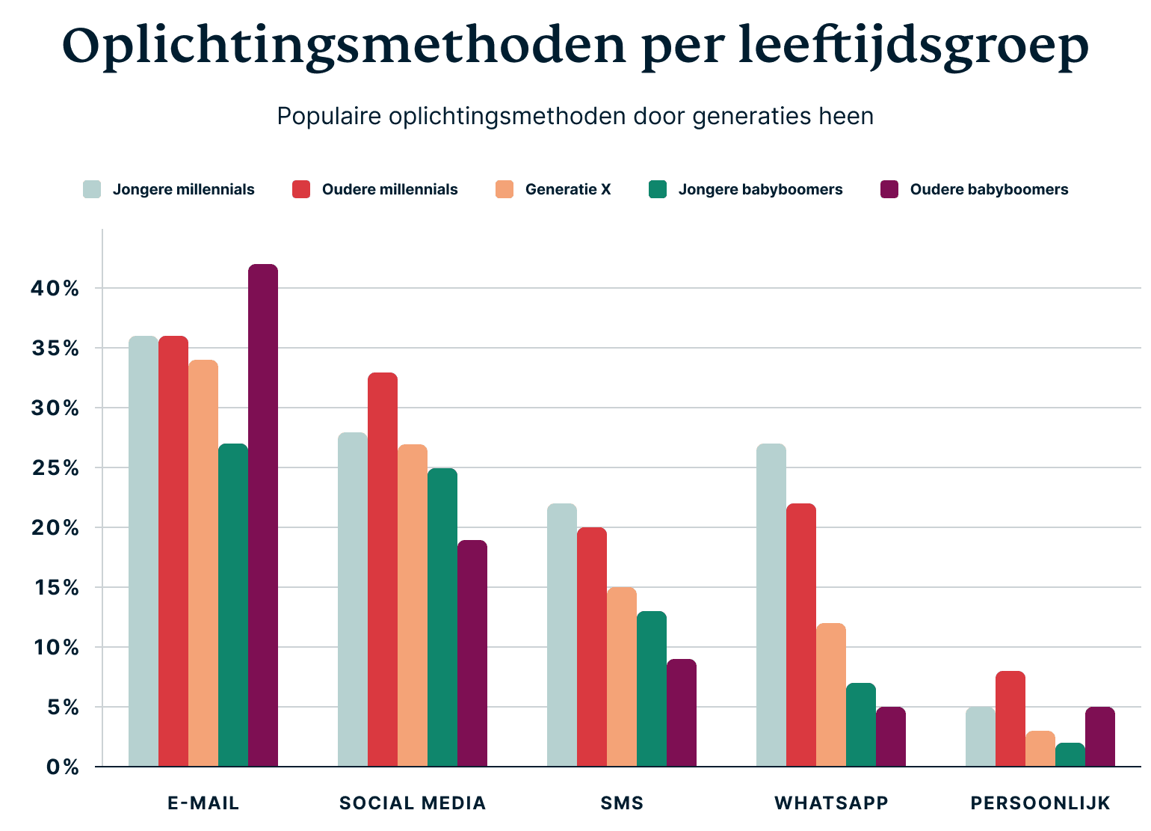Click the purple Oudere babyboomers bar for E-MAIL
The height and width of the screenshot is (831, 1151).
pyautogui.click(x=263, y=516)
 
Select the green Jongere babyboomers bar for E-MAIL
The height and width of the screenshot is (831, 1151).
pyautogui.click(x=233, y=606)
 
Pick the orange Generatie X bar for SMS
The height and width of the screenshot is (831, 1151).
pyautogui.click(x=622, y=677)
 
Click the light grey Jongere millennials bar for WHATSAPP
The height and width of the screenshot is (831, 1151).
pyautogui.click(x=771, y=606)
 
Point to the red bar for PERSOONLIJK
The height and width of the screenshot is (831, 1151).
pyautogui.click(x=1010, y=720)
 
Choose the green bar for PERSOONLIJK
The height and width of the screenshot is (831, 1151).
pyautogui.click(x=1070, y=755)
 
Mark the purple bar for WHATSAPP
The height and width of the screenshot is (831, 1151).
pyautogui.click(x=891, y=738)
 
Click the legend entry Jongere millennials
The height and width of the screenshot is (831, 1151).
pyautogui.click(x=183, y=190)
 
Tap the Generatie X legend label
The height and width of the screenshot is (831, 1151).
pyautogui.click(x=568, y=190)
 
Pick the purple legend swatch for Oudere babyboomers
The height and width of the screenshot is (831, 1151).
pyautogui.click(x=889, y=190)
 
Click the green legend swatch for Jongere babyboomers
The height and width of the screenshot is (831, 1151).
pyautogui.click(x=658, y=190)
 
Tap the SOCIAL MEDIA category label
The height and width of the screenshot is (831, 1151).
pyautogui.click(x=413, y=803)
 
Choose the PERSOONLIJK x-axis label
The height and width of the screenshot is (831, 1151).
pyautogui.click(x=1040, y=803)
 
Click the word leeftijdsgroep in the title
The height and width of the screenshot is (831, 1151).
pyautogui.click(x=913, y=46)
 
